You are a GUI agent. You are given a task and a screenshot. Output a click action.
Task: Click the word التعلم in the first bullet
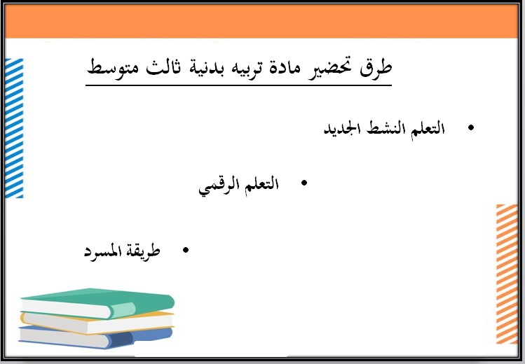point(428,130)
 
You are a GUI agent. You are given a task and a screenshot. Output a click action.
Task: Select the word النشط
point(385,130)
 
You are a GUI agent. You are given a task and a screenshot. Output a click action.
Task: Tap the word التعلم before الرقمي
point(261,185)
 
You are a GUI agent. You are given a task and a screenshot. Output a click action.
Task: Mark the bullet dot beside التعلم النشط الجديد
point(470,128)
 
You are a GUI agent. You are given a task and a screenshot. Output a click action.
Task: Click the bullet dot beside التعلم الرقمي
point(304,183)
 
